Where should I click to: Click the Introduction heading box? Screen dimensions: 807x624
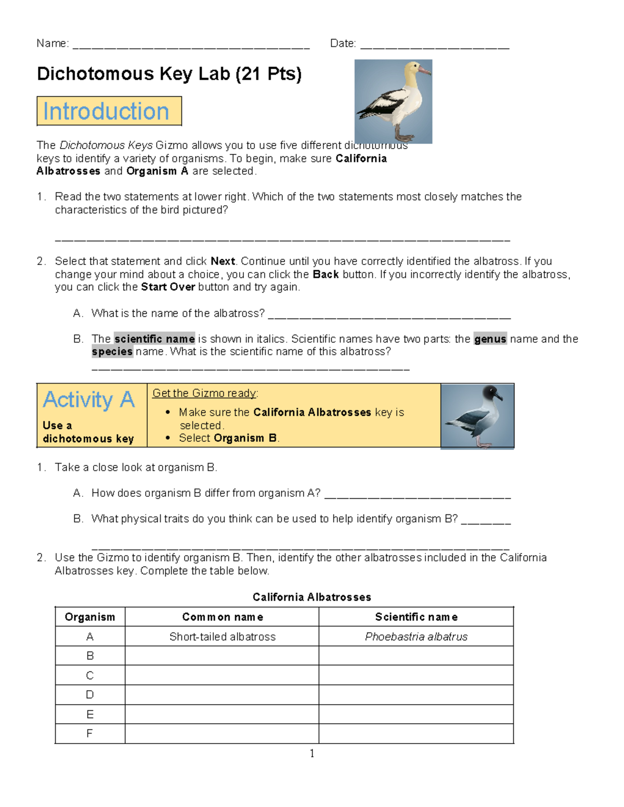pos(109,111)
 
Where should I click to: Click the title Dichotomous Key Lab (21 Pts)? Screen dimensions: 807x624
pos(169,74)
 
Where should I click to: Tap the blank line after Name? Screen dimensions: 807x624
pos(191,45)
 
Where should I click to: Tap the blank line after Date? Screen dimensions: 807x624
pos(434,45)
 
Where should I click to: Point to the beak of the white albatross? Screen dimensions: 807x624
pos(425,70)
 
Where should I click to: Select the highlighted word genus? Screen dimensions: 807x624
pos(490,339)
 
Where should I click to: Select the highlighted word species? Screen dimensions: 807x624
pos(112,352)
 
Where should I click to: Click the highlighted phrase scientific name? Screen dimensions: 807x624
pos(154,339)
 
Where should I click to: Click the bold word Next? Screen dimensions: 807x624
pos(223,261)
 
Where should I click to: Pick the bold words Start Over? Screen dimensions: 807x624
pos(168,287)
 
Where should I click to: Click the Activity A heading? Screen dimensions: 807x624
pos(89,400)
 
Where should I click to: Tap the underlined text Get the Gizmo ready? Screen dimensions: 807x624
pos(204,393)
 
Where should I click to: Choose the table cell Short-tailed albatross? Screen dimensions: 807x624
pos(222,637)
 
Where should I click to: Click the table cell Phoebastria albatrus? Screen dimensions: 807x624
pos(416,637)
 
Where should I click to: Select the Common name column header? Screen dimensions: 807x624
pos(222,617)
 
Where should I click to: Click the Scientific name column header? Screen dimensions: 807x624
pos(416,617)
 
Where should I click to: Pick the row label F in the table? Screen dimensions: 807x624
pos(89,734)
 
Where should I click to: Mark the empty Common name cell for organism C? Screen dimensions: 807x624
pos(222,676)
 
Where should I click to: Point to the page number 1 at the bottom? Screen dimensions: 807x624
pos(312,753)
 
